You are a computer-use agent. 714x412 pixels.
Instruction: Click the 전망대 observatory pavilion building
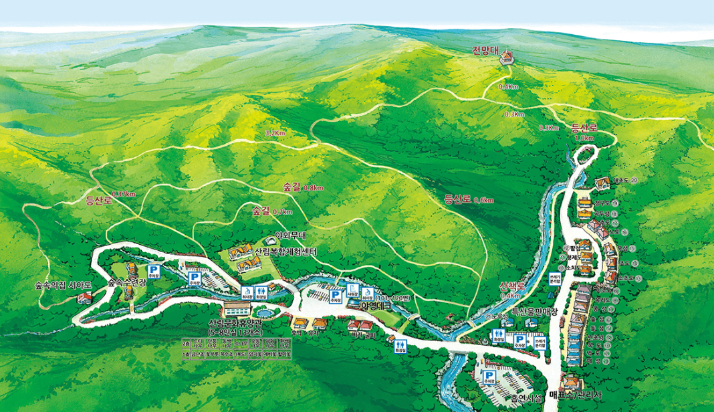pyautogui.click(x=506, y=59)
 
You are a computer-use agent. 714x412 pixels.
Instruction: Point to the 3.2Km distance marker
pyautogui.click(x=275, y=133)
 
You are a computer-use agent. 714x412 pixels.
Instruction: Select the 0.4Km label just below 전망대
pyautogui.click(x=508, y=87)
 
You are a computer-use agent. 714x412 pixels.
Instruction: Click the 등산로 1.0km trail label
pyautogui.click(x=583, y=132)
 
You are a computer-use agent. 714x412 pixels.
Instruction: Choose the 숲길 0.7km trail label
pyautogui.click(x=272, y=211)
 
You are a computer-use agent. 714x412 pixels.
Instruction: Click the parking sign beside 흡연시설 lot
pyautogui.click(x=489, y=375)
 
